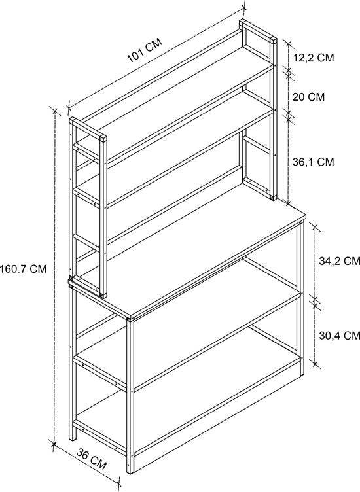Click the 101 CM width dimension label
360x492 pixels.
click(145, 50)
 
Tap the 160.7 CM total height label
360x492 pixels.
click(23, 269)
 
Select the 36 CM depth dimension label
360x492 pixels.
click(92, 459)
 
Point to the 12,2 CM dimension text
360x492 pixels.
click(314, 58)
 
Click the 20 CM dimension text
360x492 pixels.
click(308, 97)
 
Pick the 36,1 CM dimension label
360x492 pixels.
click(314, 162)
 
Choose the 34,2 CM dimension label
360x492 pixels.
click(340, 261)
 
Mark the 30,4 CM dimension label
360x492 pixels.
click(340, 336)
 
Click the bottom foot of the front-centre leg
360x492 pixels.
click(130, 470)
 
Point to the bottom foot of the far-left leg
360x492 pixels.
click(73, 438)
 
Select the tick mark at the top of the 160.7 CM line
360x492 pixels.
click(55, 111)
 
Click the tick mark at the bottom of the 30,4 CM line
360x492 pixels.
click(315, 364)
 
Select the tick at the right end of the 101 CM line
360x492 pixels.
click(245, 9)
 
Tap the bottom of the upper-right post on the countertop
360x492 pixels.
click(273, 198)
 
